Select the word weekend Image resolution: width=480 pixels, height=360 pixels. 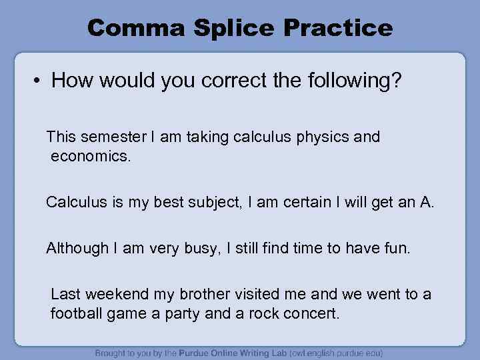click(x=114, y=294)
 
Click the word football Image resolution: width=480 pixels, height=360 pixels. click(x=78, y=313)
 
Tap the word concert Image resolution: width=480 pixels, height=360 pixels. click(x=313, y=313)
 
